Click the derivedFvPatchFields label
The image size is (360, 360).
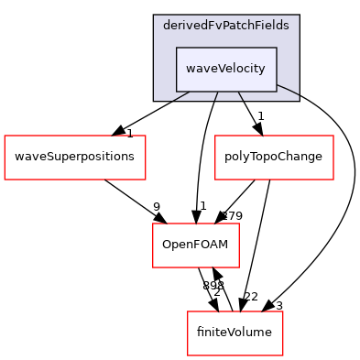(225, 26)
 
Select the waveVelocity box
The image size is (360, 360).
(226, 69)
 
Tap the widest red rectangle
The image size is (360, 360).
(75, 158)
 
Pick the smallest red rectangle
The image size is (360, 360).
(196, 245)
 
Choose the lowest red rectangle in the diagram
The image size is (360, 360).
(235, 333)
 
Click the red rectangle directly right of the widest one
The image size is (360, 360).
(274, 158)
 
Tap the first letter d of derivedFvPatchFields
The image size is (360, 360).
(166, 26)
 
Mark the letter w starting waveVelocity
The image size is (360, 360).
(191, 70)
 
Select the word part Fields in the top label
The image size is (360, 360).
(271, 26)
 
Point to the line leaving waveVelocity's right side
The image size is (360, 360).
(288, 90)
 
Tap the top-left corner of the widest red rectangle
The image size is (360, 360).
(5, 136)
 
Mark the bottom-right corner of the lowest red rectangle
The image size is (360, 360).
(282, 355)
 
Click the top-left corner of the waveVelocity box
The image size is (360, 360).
(177, 48)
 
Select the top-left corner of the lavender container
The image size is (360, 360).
(154, 16)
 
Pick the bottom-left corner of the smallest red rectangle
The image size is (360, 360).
(153, 267)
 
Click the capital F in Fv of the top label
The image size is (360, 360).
(210, 26)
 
